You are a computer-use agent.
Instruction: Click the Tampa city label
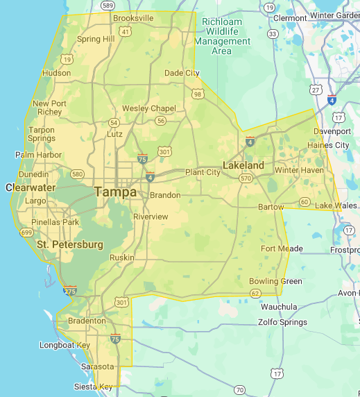coord(115,192)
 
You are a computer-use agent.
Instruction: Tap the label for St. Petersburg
coord(70,244)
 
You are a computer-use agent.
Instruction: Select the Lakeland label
coord(243,165)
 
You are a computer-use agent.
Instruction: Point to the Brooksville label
coord(133,18)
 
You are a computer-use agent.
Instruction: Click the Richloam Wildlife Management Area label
coord(222,36)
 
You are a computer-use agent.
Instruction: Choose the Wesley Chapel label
coord(149,108)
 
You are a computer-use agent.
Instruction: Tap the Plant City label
coord(203,172)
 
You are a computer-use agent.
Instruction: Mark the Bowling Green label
coord(275,281)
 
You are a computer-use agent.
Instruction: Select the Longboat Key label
coord(65,345)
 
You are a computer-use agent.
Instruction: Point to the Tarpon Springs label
coord(41,134)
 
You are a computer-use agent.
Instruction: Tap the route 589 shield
coord(106,4)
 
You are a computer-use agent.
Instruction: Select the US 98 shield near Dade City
coord(198,94)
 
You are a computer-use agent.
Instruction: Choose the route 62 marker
coord(255,294)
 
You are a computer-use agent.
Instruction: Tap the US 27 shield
coord(316,90)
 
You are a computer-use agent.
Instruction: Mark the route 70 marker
coord(239,390)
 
